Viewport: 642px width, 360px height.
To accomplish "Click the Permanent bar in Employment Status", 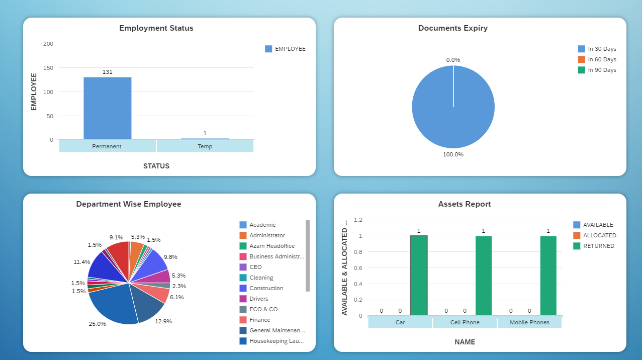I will click(107, 108).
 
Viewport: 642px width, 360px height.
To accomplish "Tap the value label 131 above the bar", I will click(107, 72).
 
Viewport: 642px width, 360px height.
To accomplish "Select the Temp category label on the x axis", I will click(205, 146).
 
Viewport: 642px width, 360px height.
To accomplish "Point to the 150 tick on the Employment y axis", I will click(48, 68).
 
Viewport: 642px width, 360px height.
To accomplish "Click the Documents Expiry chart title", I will click(452, 28).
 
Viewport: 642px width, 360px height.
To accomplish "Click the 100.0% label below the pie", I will click(453, 154).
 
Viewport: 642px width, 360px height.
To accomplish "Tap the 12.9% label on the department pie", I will click(163, 321).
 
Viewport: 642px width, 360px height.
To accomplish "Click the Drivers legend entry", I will click(258, 299).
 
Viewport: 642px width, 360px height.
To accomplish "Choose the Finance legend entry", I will click(259, 320).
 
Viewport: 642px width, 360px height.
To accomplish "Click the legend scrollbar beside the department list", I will click(308, 255).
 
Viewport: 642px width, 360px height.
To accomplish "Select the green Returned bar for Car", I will click(418, 276).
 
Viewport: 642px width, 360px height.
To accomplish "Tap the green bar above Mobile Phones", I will click(548, 276).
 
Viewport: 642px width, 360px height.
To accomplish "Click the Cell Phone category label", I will click(465, 322).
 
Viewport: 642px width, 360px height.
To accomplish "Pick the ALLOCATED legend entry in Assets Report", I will click(599, 235).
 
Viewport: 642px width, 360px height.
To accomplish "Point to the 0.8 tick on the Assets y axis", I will click(357, 252).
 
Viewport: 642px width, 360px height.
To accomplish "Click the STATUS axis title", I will click(156, 166).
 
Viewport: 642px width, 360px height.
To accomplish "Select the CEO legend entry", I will click(255, 267).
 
